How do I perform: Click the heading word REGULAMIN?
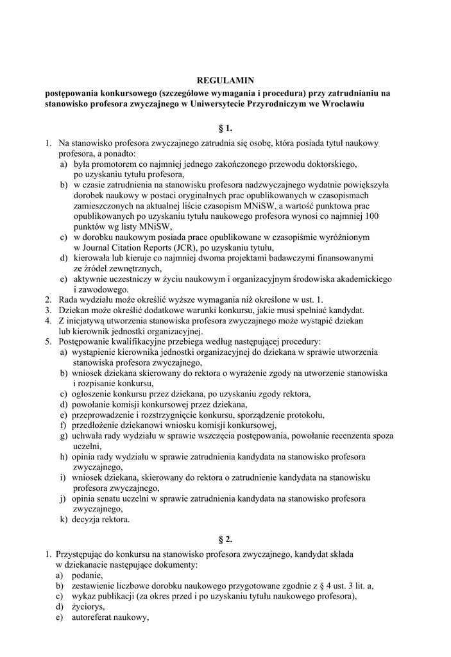pyautogui.click(x=225, y=80)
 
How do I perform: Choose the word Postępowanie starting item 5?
pyautogui.click(x=85, y=341)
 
